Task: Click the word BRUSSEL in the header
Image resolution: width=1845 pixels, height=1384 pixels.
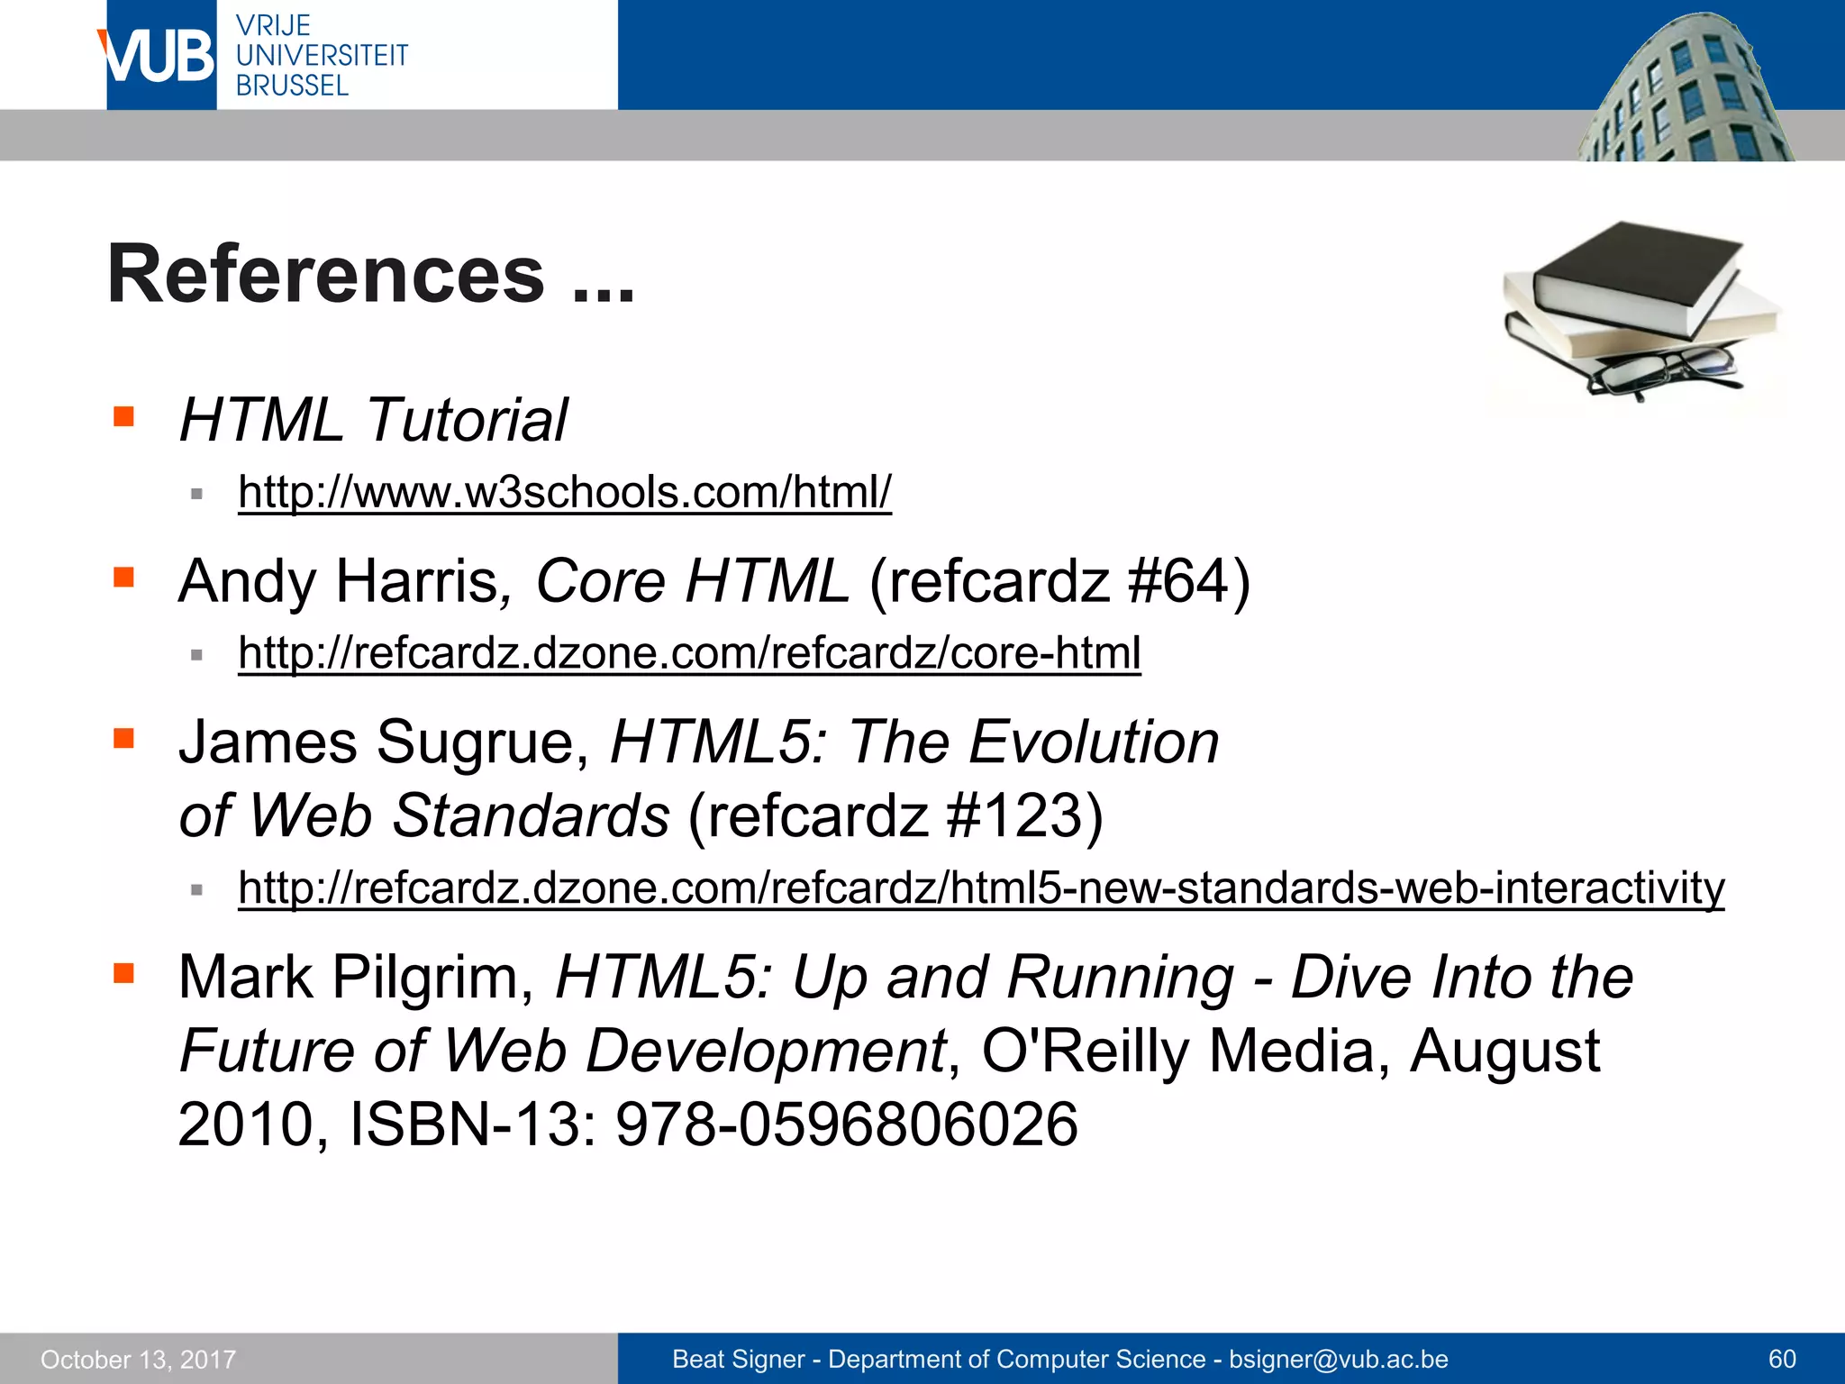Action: point(292,86)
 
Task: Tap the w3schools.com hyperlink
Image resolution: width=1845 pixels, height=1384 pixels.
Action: point(565,492)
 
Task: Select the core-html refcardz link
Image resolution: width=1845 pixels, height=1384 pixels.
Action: point(689,652)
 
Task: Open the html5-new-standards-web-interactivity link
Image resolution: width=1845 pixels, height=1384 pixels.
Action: point(980,888)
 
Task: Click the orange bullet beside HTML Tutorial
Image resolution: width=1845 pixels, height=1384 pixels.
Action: point(124,416)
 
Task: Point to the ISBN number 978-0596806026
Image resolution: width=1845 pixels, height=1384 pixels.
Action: point(846,1124)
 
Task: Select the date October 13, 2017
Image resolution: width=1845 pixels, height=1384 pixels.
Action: point(138,1360)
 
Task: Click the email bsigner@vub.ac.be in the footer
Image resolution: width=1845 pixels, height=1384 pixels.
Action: point(1338,1360)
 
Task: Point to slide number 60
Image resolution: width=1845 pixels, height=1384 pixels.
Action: point(1782,1360)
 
